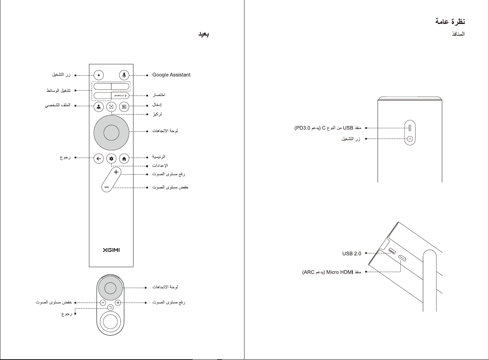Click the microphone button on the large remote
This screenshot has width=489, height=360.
(124, 75)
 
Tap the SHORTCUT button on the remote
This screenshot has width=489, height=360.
(120, 96)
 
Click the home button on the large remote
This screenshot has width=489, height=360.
(124, 159)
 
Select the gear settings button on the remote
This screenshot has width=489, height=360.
(111, 159)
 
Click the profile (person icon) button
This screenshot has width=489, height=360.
(98, 107)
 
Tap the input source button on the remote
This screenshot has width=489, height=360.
(124, 107)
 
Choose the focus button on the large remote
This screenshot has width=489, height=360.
(111, 107)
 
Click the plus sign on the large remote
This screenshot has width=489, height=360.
(116, 172)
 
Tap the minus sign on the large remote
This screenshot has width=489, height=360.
(107, 187)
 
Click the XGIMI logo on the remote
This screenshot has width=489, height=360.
(111, 250)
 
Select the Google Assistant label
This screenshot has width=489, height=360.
(171, 75)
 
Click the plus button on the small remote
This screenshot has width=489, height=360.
(118, 303)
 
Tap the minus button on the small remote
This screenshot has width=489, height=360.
(103, 303)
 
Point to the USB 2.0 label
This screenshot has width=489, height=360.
(352, 253)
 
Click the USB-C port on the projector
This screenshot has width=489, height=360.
(410, 128)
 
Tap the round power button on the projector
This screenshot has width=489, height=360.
(410, 139)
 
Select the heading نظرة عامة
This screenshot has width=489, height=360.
(450, 21)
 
